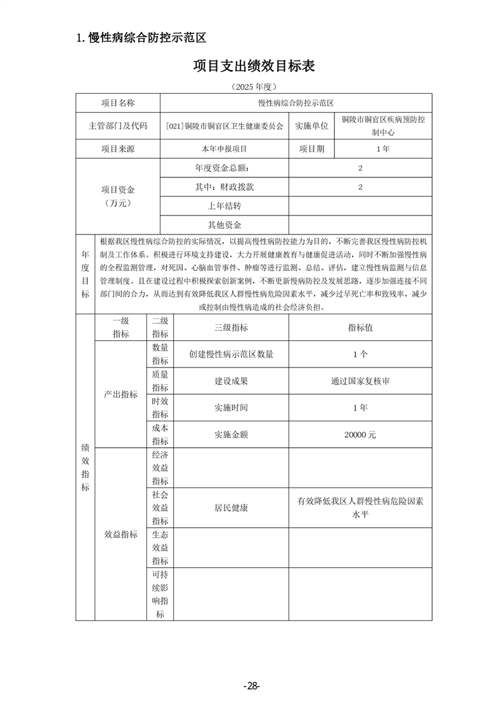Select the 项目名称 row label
tap(118, 103)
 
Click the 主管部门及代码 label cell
tap(118, 125)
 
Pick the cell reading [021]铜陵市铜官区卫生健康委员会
tap(225, 125)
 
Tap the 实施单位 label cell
tap(311, 125)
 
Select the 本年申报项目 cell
tap(225, 149)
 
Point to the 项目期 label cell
tap(311, 149)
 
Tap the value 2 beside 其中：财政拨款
tap(360, 187)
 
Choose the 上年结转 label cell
tap(225, 206)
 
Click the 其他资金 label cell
tap(225, 224)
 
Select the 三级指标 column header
tap(231, 328)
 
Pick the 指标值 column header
tap(360, 328)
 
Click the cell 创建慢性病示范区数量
tap(231, 354)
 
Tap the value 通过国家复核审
tap(360, 381)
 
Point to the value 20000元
tap(360, 435)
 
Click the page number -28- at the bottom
tap(252, 686)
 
